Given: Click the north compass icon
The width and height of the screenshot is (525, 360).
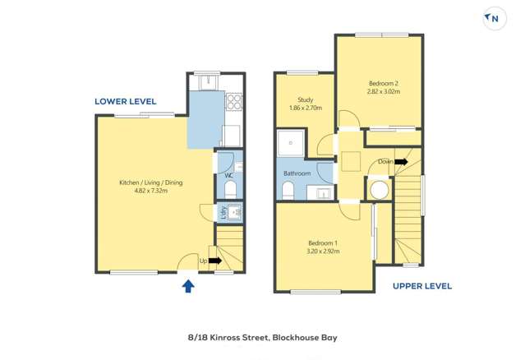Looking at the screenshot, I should point(495,18).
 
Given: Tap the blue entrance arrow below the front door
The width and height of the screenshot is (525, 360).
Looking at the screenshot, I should point(188,286).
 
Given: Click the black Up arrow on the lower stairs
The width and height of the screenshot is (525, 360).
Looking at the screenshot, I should point(216,261).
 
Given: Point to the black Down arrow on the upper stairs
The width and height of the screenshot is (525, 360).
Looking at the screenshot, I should point(401,162).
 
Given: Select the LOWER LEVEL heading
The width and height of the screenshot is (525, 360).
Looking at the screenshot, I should point(125,102).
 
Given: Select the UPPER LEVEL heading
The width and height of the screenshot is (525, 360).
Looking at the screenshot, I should point(421,286).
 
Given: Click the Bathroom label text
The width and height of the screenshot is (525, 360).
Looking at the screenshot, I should point(297,173).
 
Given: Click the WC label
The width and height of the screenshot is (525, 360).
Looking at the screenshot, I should point(229,175).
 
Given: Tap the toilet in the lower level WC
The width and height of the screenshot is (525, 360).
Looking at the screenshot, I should point(231,191).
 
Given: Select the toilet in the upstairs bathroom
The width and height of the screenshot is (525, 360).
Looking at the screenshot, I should point(288,191).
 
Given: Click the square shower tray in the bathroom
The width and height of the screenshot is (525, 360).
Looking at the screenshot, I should point(290,145).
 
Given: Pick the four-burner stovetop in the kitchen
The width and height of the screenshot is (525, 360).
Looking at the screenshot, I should point(234,102).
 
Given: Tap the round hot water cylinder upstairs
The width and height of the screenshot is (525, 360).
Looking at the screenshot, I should point(379,190).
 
